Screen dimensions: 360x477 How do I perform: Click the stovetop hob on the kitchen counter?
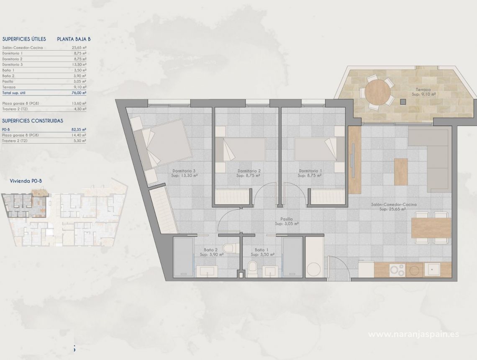(x=398, y=270)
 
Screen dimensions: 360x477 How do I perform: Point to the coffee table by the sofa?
(x=400, y=172)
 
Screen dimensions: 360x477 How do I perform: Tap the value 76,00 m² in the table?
(x=79, y=93)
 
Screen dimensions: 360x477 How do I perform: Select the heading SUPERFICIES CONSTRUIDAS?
(x=33, y=121)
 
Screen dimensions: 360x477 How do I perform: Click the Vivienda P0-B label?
(x=25, y=181)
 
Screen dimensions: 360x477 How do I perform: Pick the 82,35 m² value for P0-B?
(x=79, y=130)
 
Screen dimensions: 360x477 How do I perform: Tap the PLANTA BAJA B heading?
(x=74, y=39)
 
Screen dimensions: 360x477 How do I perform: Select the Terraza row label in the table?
(x=9, y=87)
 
